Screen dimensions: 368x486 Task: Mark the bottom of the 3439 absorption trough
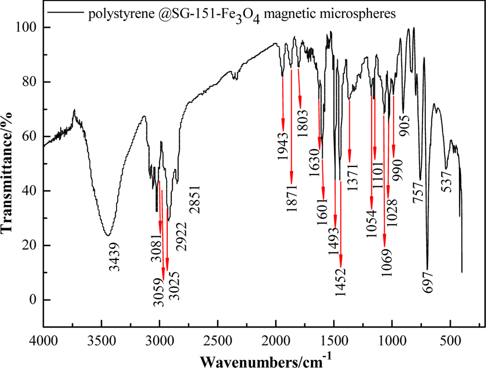(x=108, y=235)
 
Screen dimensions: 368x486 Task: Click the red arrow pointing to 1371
(x=349, y=132)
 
